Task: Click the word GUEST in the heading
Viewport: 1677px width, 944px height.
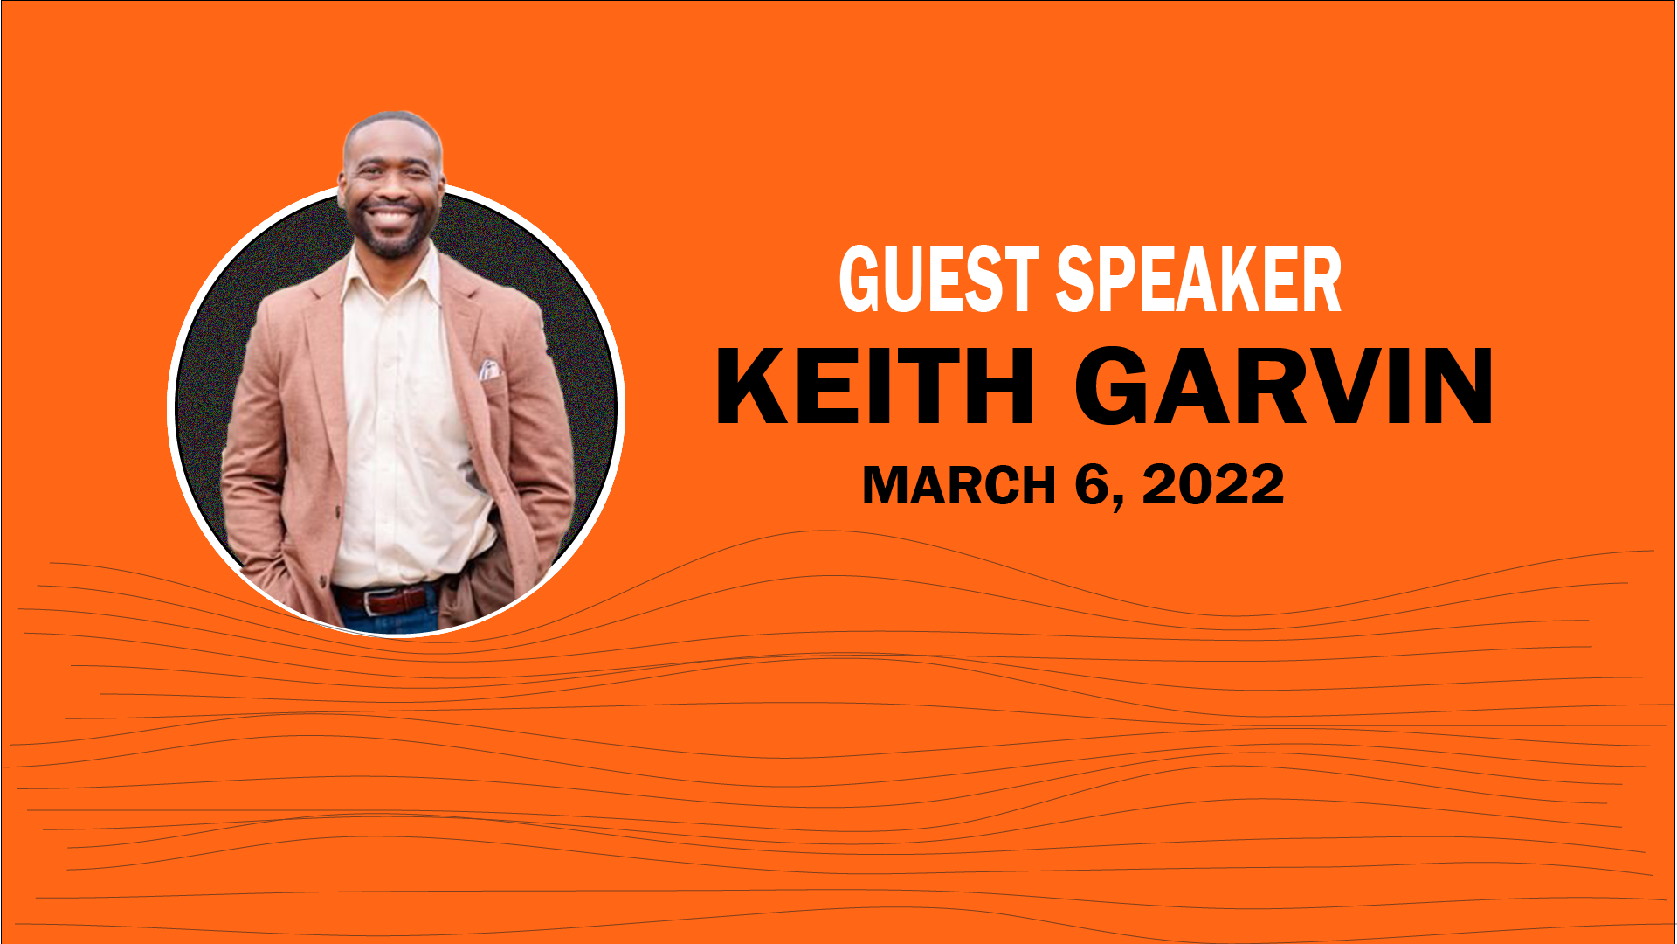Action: pos(939,279)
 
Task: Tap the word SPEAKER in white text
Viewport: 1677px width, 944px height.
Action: pos(1199,279)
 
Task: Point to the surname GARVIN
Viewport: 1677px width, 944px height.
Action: pos(1284,386)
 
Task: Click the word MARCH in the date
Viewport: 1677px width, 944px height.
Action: pos(959,485)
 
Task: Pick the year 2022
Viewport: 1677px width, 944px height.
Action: pos(1213,484)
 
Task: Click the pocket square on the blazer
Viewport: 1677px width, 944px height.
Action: pos(489,370)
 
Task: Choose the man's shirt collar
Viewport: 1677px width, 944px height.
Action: pos(390,271)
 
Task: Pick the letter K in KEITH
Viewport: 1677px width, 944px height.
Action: pos(753,386)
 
